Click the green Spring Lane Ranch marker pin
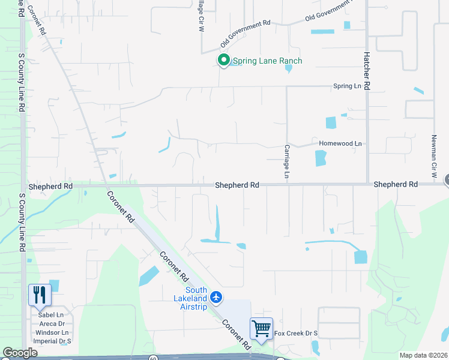click(223, 60)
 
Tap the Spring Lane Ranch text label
click(267, 61)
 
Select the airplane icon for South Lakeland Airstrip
click(217, 297)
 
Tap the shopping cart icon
click(261, 328)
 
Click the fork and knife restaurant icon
click(40, 295)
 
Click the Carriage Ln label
click(287, 161)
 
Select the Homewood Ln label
click(340, 143)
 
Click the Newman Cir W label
click(433, 155)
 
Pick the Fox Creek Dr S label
click(295, 334)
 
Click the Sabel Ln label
click(50, 315)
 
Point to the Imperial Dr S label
click(53, 341)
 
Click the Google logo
click(20, 353)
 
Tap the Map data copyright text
click(423, 355)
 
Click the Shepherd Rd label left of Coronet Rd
click(50, 187)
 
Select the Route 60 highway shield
click(153, 358)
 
